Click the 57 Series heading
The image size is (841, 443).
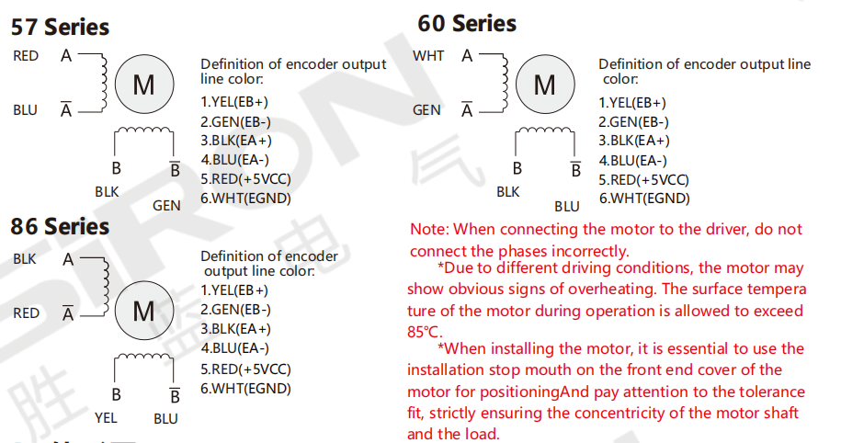[x=60, y=27]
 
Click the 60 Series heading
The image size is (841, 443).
[x=467, y=24]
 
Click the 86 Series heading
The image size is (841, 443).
[x=60, y=226]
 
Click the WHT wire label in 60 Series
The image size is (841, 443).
[x=428, y=56]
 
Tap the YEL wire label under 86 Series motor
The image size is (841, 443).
[x=106, y=418]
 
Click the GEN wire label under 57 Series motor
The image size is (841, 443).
[x=166, y=206]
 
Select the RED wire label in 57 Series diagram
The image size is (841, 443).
[x=26, y=56]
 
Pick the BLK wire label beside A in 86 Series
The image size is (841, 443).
[x=25, y=259]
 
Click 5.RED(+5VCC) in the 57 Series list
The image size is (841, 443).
[x=245, y=179]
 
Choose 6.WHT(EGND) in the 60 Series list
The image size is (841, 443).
[x=644, y=199]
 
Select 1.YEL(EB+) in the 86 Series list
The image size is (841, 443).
[x=234, y=290]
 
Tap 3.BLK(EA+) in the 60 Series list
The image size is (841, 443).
[x=634, y=141]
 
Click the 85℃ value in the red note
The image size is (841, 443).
[x=424, y=332]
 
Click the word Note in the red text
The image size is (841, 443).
[x=428, y=230]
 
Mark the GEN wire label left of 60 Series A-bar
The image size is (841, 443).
[x=426, y=110]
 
